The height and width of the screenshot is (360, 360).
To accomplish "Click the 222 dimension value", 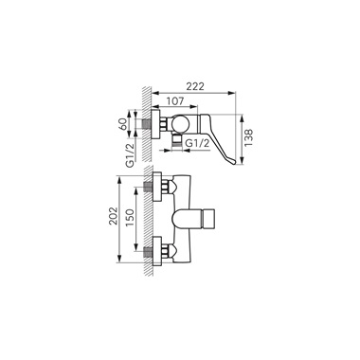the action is coord(194,86).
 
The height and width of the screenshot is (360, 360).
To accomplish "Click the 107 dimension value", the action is coord(174,101).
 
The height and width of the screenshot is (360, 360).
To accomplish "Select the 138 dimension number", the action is coord(248,138).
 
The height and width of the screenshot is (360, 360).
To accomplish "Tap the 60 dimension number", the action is coord(123,123).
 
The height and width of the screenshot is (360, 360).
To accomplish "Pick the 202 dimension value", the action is coord(113,216).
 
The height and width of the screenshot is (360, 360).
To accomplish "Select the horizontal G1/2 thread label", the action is coord(198,143).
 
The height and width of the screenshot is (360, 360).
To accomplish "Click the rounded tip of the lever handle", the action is coord(233,162).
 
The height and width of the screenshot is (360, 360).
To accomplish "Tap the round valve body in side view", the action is coord(181,123).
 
